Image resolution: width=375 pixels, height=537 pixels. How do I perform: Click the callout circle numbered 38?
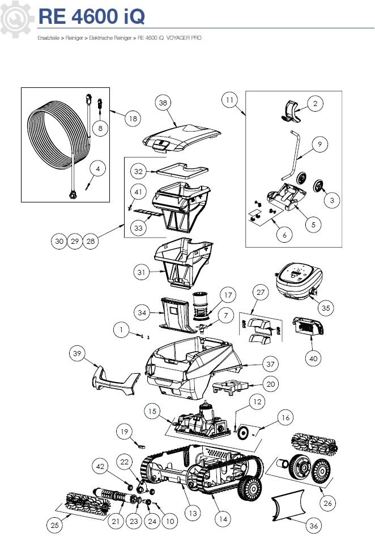pyautogui.click(x=163, y=103)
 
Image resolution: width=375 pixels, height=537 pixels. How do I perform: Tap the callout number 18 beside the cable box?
pyautogui.click(x=133, y=119)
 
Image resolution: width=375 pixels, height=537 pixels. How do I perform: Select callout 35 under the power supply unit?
pyautogui.click(x=326, y=308)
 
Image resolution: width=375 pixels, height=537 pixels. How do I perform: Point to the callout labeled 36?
pyautogui.click(x=314, y=526)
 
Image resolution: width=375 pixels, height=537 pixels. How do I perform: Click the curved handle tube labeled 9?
pyautogui.click(x=291, y=156)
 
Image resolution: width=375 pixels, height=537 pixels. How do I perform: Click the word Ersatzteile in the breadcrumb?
pyautogui.click(x=49, y=38)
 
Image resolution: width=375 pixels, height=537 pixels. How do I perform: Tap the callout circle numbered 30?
pyautogui.click(x=59, y=241)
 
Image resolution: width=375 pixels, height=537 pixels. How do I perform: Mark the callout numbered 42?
pyautogui.click(x=100, y=466)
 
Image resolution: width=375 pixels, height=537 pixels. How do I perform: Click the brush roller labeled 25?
pyautogui.click(x=85, y=504)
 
